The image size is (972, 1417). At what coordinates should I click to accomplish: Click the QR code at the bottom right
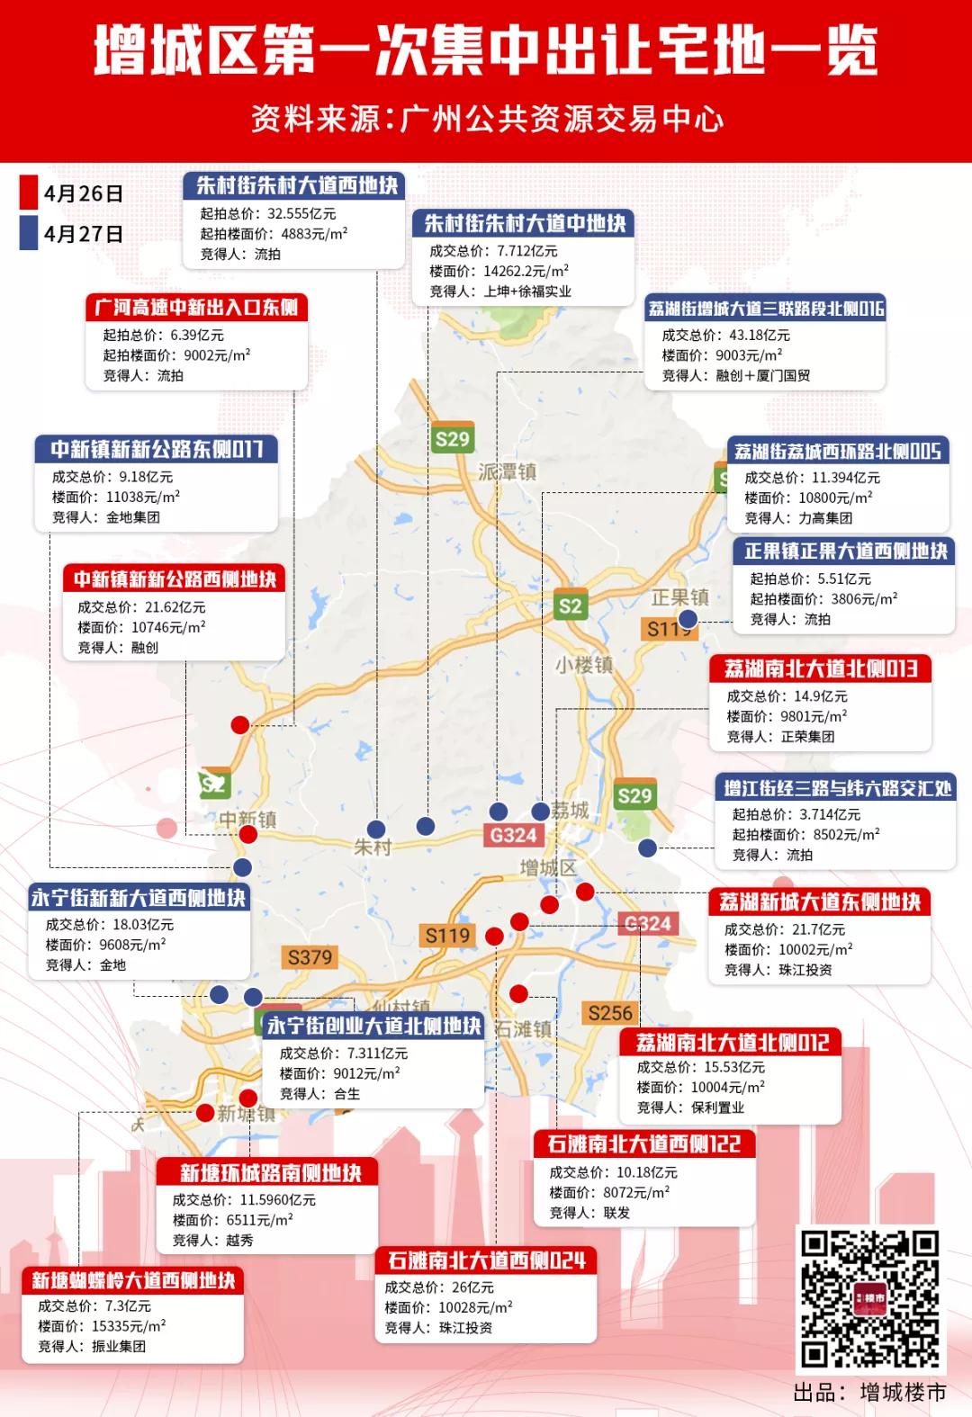click(869, 1298)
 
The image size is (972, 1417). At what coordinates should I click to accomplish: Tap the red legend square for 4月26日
click(29, 193)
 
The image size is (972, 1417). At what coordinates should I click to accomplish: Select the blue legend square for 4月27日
click(29, 233)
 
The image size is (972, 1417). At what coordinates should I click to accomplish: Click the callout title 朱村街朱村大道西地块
click(297, 185)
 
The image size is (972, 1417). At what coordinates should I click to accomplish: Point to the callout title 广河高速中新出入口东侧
click(197, 308)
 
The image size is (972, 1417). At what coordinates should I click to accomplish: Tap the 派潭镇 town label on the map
click(507, 472)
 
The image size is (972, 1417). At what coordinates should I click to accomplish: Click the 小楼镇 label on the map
click(584, 665)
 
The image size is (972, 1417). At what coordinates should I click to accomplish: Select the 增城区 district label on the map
click(548, 867)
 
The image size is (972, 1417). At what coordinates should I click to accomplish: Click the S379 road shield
click(310, 957)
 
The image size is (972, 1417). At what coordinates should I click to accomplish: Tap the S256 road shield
click(610, 1013)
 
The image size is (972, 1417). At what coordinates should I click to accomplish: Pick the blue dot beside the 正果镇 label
click(688, 618)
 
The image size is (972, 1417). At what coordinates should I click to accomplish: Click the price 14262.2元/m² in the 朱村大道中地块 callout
click(526, 271)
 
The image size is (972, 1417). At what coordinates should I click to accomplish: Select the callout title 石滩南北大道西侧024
click(486, 1260)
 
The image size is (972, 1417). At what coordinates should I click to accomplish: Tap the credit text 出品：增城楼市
click(869, 1392)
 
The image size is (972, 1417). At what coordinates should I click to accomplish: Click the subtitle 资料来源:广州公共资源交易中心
click(486, 119)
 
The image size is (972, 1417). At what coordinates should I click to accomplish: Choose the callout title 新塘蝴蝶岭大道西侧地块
click(133, 1280)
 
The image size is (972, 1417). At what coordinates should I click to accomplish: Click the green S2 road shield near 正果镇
click(570, 605)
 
